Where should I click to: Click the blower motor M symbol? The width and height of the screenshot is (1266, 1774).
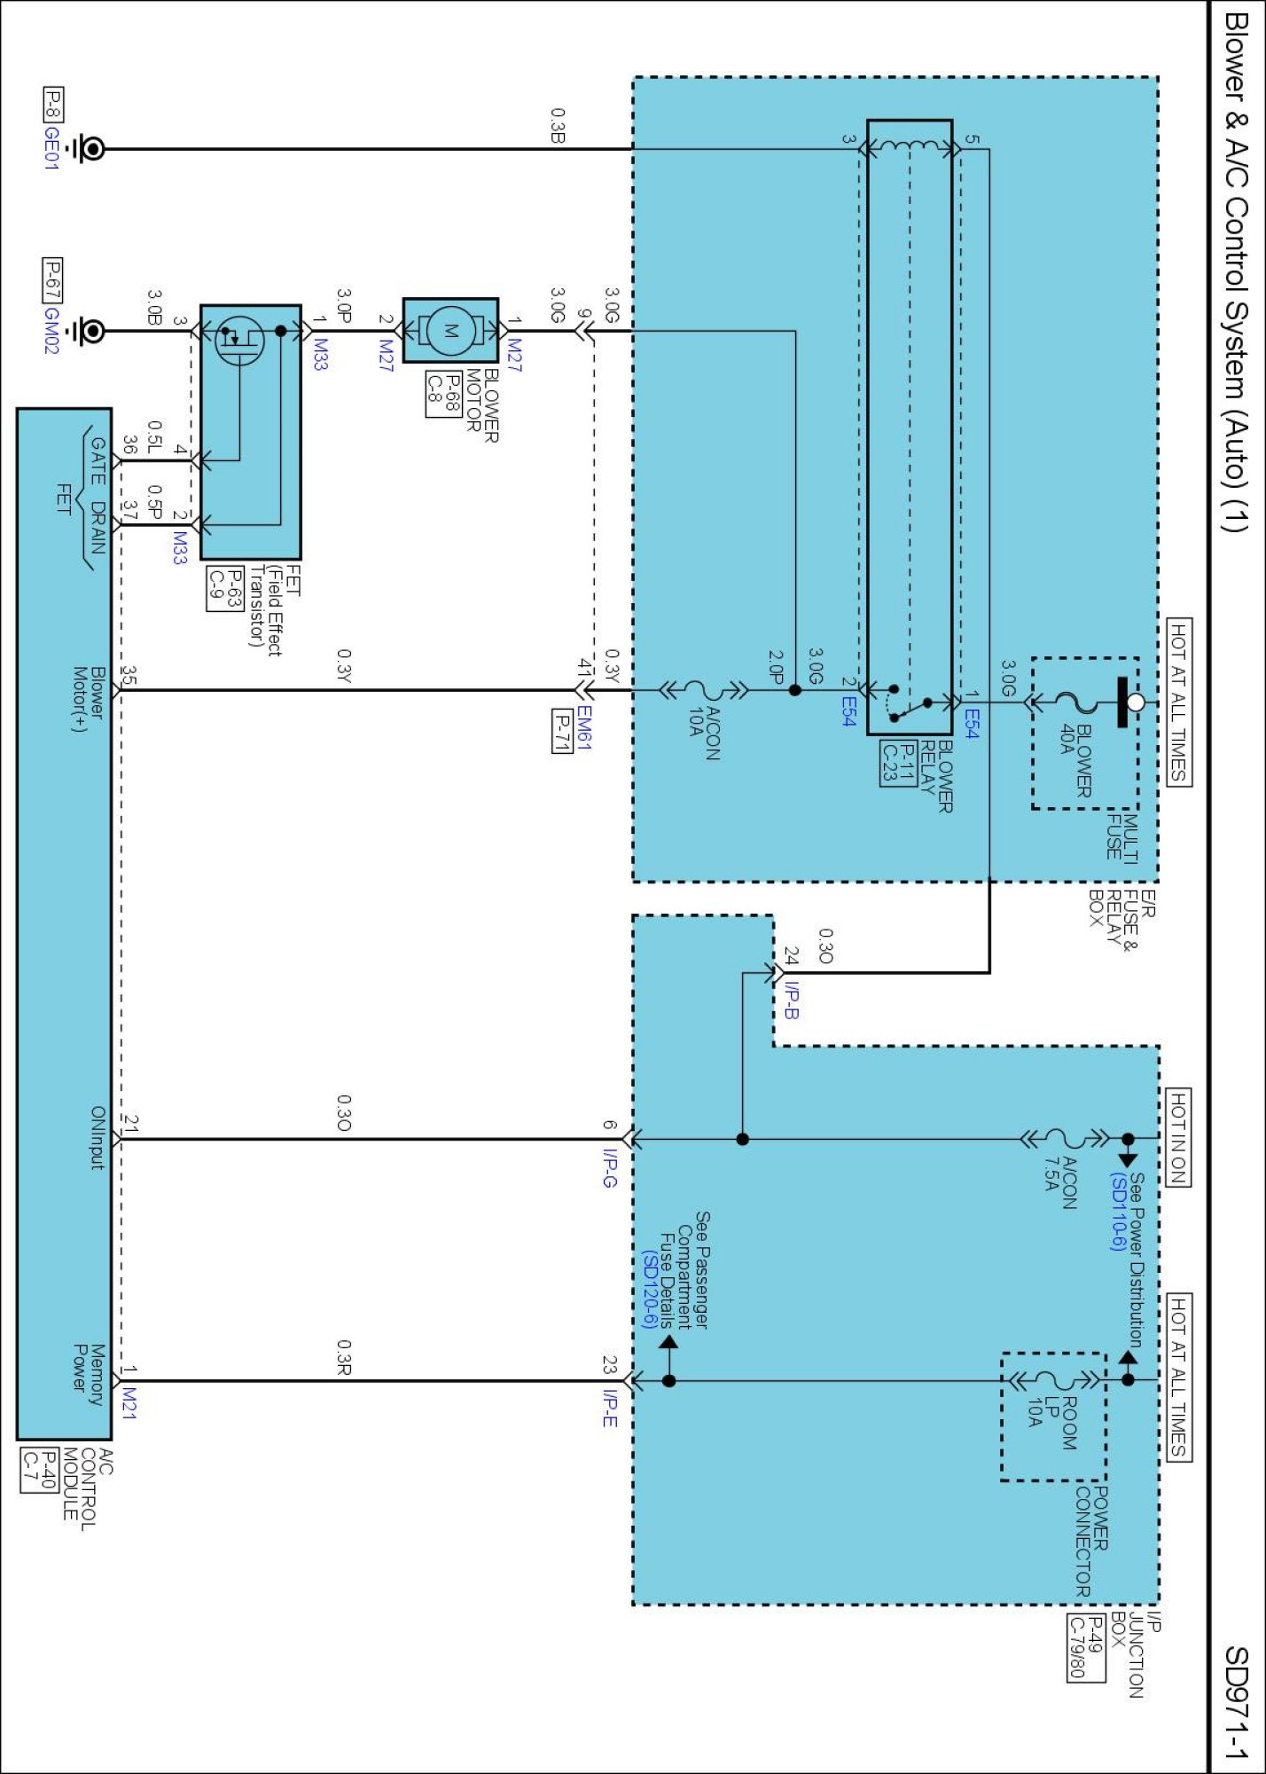[450, 331]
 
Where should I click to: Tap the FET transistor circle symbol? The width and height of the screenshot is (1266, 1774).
[239, 340]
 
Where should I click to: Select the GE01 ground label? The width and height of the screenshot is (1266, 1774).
[51, 148]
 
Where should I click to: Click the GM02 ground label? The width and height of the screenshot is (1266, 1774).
[51, 330]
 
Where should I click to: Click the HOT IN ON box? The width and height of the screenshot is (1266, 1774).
[1178, 1137]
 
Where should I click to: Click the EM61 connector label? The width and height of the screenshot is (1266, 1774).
[584, 728]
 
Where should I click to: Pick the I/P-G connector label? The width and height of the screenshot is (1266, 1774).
[610, 1168]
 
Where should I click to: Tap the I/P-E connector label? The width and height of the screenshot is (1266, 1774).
[610, 1408]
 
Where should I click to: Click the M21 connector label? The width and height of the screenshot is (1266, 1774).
[129, 1402]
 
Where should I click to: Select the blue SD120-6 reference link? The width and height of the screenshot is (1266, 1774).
[650, 1290]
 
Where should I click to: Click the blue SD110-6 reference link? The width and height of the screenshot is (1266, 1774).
[1119, 1212]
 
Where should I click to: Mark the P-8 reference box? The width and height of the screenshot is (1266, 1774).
[53, 104]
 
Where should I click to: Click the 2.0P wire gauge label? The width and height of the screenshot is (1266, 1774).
[775, 667]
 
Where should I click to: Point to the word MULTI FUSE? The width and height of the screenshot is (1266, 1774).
[1121, 836]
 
